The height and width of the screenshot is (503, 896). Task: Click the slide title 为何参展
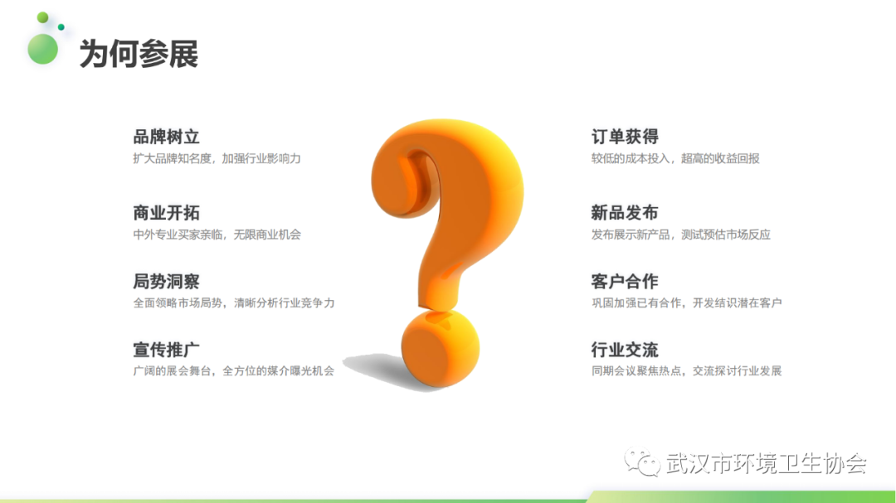pos(139,54)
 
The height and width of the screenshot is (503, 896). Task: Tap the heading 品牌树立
pos(166,137)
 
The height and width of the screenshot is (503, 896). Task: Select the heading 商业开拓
pos(166,213)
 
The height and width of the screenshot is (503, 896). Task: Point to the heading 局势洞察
pos(166,282)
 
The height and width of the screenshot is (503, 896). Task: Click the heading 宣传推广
pos(166,350)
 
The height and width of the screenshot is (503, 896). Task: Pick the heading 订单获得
pos(625,137)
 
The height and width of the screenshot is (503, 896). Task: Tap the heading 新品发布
pos(625,213)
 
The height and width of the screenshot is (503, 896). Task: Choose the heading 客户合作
pos(625,282)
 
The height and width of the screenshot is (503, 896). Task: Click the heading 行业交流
pos(625,350)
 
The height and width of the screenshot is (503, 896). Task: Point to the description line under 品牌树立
pos(217,159)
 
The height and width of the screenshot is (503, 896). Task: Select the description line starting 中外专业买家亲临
pos(217,235)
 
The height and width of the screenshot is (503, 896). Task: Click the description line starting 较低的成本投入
pos(675,159)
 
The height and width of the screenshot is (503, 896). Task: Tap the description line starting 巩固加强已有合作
pos(686,302)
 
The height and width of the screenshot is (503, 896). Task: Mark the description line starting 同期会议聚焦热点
pos(686,371)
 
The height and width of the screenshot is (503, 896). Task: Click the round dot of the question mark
pos(440,349)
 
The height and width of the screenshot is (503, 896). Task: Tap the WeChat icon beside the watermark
pos(641,462)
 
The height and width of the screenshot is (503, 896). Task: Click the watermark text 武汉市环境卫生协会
pos(767,463)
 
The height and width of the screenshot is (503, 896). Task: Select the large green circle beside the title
pos(43,49)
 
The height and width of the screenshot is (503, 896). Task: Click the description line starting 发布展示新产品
pos(681,235)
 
